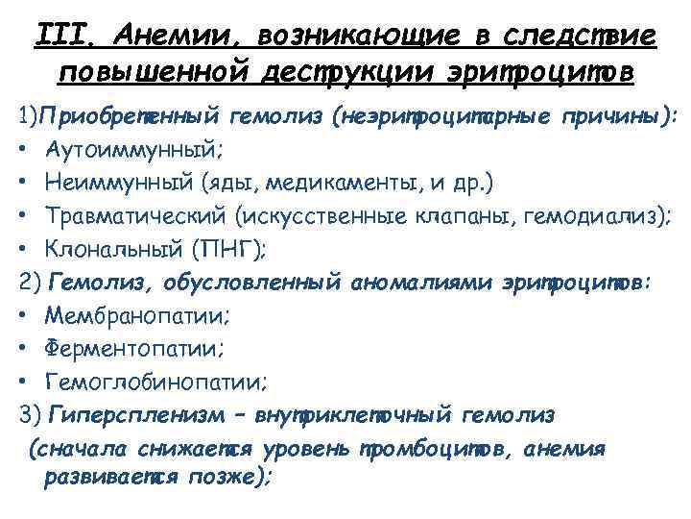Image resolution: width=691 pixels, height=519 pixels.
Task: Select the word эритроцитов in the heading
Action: coord(537,73)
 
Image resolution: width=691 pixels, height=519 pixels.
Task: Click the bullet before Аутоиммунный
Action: coord(22,151)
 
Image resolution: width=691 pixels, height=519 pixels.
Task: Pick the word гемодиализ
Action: coord(596,216)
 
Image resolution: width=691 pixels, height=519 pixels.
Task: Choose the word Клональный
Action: coord(111,249)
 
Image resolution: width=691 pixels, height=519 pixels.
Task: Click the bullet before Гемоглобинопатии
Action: coord(22,383)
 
